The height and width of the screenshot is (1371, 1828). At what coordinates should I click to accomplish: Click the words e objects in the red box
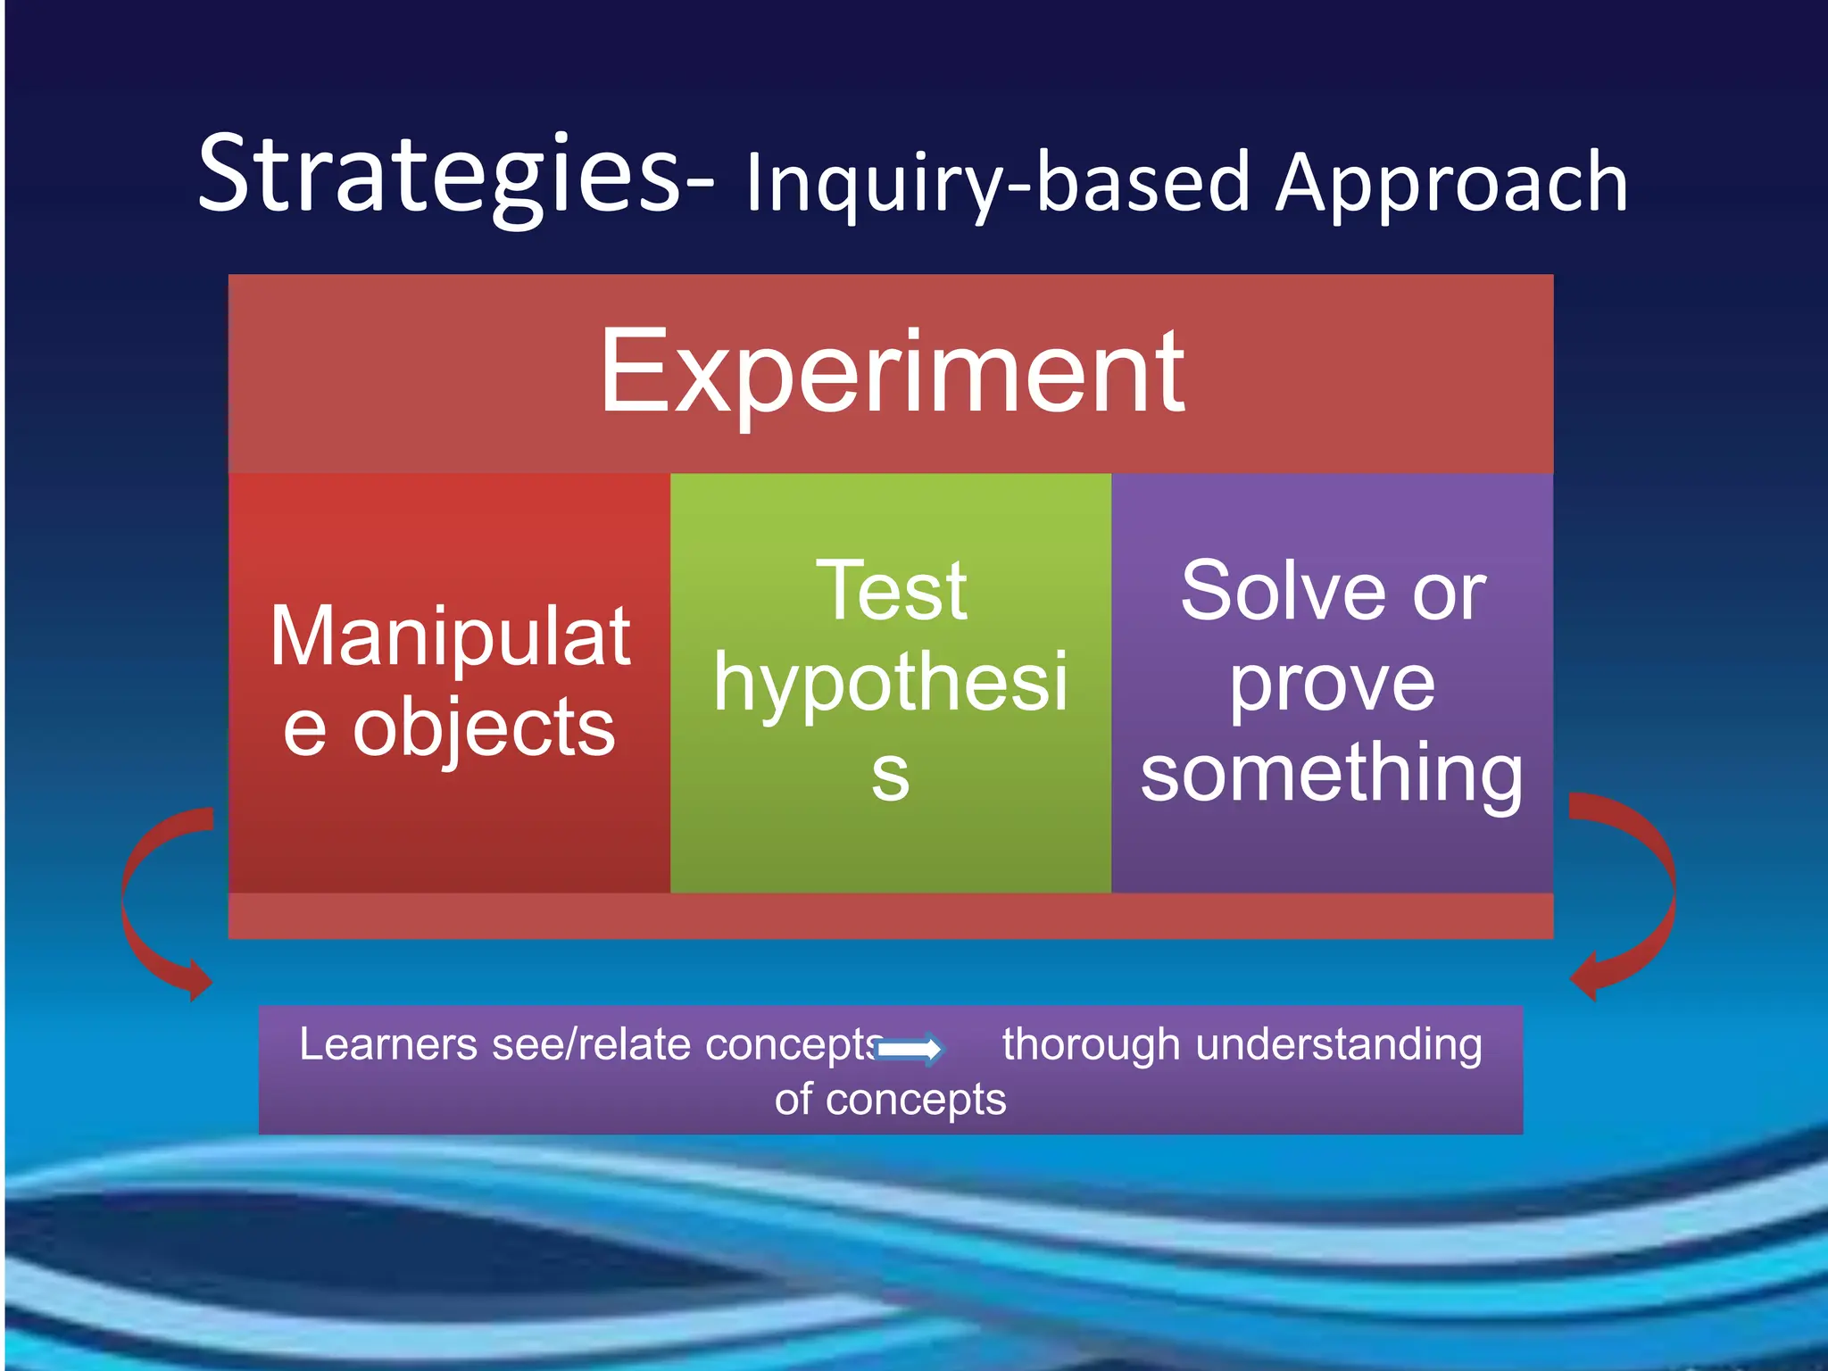449,727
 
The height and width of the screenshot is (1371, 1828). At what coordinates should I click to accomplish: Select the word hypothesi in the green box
890,683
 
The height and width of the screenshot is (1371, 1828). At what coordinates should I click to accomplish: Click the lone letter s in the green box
890,774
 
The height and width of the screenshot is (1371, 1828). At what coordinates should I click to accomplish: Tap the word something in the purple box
1332,774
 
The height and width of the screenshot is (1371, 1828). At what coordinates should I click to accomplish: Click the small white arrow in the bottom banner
910,1049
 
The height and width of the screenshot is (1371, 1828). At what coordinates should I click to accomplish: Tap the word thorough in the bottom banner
1090,1043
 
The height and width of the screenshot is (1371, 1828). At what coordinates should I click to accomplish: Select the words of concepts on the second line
890,1099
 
